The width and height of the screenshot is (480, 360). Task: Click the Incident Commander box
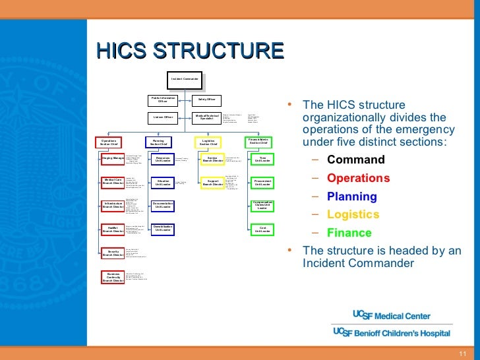[185, 79]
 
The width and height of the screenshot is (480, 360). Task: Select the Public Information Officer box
[163, 100]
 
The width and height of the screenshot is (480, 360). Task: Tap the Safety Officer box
[206, 100]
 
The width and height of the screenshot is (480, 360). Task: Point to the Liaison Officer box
[163, 117]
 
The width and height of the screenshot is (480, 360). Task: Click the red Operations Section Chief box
[109, 142]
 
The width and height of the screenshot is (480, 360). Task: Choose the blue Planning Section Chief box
[158, 142]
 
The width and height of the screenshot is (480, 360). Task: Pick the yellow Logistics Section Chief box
[208, 142]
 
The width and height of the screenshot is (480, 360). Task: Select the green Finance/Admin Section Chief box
[258, 142]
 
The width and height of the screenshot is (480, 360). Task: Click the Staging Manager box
[113, 159]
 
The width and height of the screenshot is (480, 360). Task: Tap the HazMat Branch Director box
[113, 229]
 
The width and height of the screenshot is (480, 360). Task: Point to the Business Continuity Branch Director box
[113, 277]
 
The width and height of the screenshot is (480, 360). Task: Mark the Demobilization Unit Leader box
[163, 228]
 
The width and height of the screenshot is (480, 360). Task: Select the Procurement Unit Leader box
[262, 182]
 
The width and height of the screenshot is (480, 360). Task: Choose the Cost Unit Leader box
[262, 229]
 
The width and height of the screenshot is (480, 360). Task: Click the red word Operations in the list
[358, 178]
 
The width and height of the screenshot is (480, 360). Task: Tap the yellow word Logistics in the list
[353, 215]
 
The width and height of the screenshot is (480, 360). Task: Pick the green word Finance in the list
[349, 233]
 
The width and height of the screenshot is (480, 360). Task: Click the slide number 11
[462, 353]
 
